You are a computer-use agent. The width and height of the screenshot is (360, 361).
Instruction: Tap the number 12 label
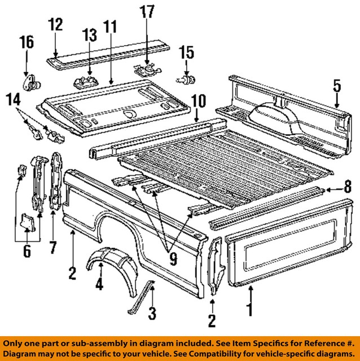[x=55, y=25]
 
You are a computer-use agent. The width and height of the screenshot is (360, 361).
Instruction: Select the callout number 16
[x=26, y=43]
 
